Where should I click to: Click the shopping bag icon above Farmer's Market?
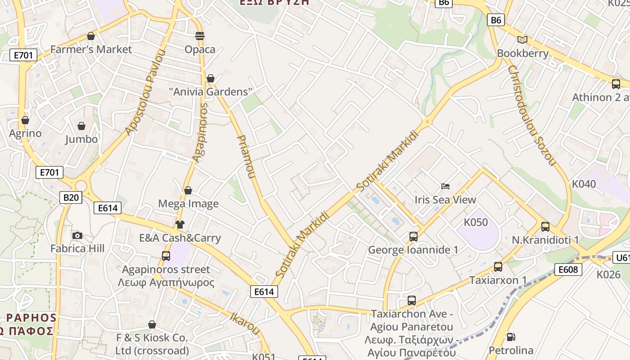(x=91, y=36)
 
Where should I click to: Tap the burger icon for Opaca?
(x=200, y=36)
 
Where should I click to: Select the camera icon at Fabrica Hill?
(x=77, y=235)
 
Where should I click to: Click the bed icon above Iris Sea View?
(x=445, y=186)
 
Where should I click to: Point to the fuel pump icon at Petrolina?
(x=511, y=337)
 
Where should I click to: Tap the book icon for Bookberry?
(x=522, y=40)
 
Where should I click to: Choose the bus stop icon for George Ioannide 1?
(x=413, y=236)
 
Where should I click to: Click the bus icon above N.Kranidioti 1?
(x=545, y=227)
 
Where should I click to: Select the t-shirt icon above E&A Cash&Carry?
(x=180, y=225)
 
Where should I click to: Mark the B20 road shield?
(x=71, y=197)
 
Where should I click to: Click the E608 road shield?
(x=567, y=270)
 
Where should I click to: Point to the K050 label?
(x=476, y=222)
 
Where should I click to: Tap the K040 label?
(x=584, y=184)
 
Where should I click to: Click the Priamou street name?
(x=246, y=157)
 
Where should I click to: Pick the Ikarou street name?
(x=245, y=323)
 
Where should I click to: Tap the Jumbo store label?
(x=81, y=139)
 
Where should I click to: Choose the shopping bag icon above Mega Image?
(x=188, y=190)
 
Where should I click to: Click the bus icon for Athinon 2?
(x=616, y=84)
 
